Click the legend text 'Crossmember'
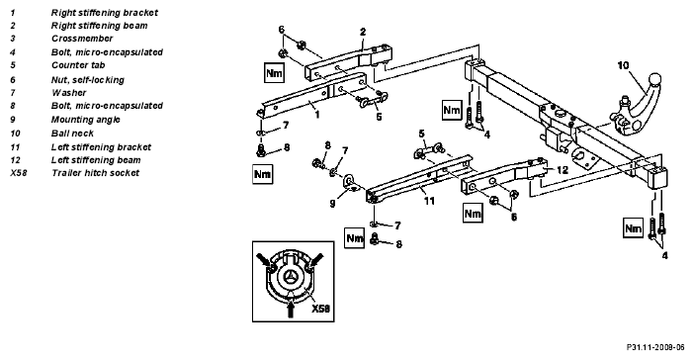click(x=82, y=39)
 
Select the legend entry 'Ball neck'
click(x=72, y=134)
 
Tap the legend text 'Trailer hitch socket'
click(x=96, y=173)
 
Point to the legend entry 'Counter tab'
click(x=78, y=65)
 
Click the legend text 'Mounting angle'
click(x=85, y=120)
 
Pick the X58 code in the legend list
click(x=19, y=173)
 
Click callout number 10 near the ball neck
click(x=623, y=65)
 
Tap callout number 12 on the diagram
click(x=562, y=170)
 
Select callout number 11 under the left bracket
click(x=429, y=201)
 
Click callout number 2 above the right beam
click(x=363, y=32)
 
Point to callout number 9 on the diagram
click(x=332, y=204)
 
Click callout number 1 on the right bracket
click(x=317, y=115)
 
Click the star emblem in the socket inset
click(x=291, y=277)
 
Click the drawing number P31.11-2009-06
click(x=655, y=347)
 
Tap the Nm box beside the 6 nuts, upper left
click(x=274, y=73)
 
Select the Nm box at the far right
click(x=633, y=228)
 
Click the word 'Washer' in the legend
click(x=68, y=93)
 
